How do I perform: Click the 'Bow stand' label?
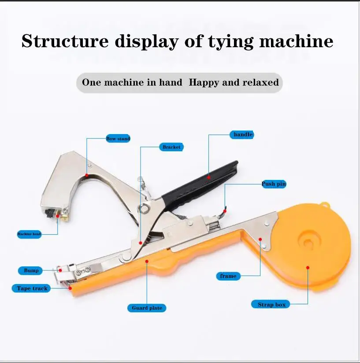click(118, 138)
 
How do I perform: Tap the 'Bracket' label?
click(171, 147)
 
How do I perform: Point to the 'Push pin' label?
click(274, 184)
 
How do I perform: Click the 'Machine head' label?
click(29, 234)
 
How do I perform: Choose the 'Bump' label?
click(31, 270)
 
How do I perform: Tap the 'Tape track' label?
click(32, 288)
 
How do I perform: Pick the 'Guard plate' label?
click(147, 308)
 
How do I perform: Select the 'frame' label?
click(228, 276)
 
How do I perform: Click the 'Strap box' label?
click(271, 304)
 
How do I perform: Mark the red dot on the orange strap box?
click(308, 267)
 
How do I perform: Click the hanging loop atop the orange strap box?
click(325, 205)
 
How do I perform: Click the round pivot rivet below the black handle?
click(144, 208)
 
